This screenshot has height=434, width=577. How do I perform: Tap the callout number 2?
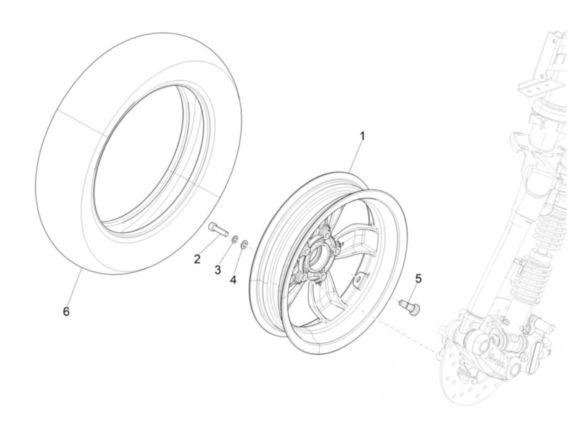(x=197, y=259)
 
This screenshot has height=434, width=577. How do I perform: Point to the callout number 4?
(x=233, y=280)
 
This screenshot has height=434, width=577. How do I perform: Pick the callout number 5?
(x=418, y=279)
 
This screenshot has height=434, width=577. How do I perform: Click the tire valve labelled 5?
(x=408, y=307)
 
